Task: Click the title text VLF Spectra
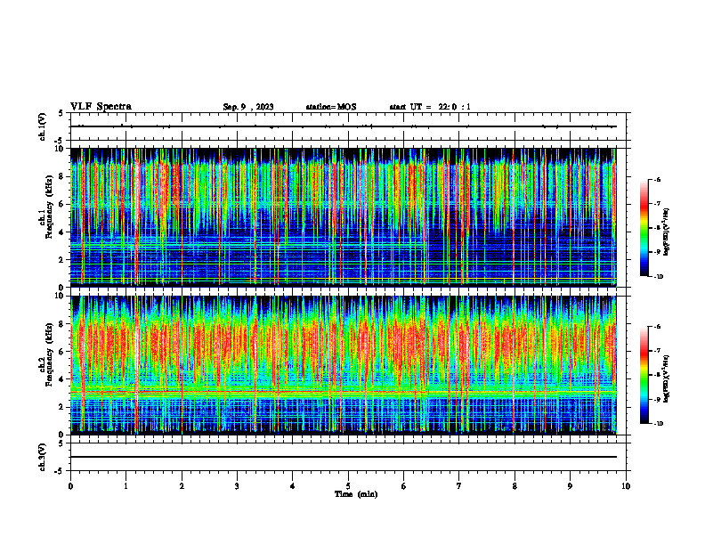pos(101,106)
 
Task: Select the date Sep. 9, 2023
pos(247,107)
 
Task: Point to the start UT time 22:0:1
pos(430,107)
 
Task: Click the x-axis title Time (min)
pos(355,494)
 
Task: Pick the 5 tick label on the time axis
pos(348,486)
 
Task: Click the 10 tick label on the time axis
pos(626,486)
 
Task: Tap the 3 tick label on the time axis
pos(237,486)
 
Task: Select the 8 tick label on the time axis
pos(515,486)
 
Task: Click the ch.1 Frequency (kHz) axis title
pos(43,218)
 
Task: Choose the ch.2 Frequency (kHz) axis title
pos(43,365)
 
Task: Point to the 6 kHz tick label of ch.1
pos(61,204)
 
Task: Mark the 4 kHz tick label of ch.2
pos(61,378)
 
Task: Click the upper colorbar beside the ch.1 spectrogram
pos(644,228)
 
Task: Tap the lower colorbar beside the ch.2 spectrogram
pos(644,375)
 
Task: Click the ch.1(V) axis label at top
pos(43,126)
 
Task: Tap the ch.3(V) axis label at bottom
pos(43,456)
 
